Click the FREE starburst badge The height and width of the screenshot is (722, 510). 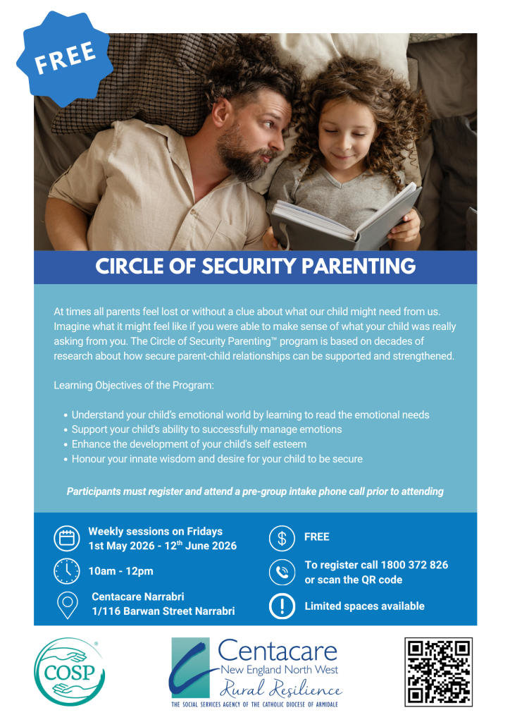click(66, 56)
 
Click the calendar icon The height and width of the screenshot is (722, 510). click(67, 539)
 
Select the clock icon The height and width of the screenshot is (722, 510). click(67, 570)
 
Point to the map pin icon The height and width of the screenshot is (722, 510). click(67, 604)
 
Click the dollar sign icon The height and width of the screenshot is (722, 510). click(282, 538)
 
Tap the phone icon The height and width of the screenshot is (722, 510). click(282, 572)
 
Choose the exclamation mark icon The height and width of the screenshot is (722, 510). click(282, 606)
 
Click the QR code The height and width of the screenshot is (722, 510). click(437, 671)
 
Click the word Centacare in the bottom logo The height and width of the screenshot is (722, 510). click(277, 649)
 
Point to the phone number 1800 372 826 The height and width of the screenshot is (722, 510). click(414, 565)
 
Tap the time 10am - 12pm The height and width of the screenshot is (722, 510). click(121, 571)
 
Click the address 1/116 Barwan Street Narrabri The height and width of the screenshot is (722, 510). click(163, 611)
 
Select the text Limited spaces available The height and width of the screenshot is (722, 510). click(364, 606)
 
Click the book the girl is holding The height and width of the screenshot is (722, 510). click(345, 216)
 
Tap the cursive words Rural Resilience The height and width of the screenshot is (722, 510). click(280, 687)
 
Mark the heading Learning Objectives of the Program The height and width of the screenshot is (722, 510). click(133, 386)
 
